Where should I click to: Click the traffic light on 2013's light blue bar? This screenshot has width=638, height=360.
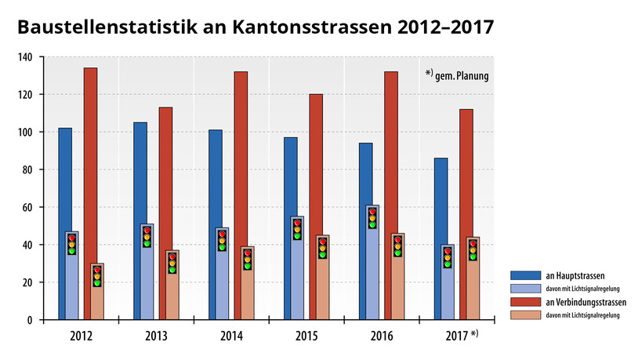coord(147,236)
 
